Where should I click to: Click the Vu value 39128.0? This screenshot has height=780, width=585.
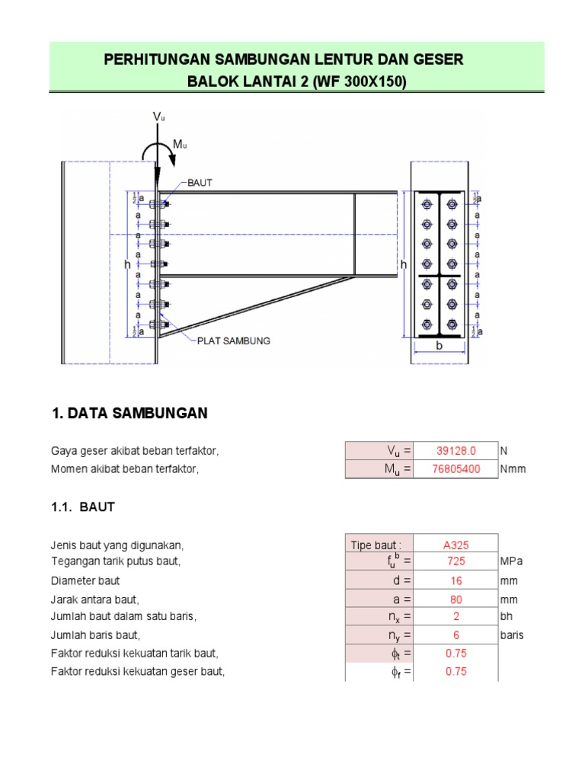click(x=456, y=451)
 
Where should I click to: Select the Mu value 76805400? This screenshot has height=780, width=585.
click(x=456, y=469)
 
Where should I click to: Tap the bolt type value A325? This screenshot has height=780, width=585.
click(x=456, y=545)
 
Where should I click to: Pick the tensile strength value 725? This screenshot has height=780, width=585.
click(x=456, y=561)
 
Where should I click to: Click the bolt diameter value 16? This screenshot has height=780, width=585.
click(x=456, y=580)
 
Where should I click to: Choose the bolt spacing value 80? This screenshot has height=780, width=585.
click(x=456, y=599)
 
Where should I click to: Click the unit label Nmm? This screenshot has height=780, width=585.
click(x=513, y=469)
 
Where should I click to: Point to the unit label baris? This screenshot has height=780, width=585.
click(x=512, y=635)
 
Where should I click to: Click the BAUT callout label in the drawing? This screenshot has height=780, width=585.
click(x=199, y=183)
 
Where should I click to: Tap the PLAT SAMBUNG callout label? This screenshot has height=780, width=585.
click(x=233, y=340)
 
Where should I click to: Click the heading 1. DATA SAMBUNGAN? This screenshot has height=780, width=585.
click(x=129, y=414)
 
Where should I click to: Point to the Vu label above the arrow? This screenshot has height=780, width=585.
click(x=158, y=117)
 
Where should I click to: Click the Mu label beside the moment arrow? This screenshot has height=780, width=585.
click(x=180, y=145)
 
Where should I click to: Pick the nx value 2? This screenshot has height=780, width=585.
click(x=456, y=616)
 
